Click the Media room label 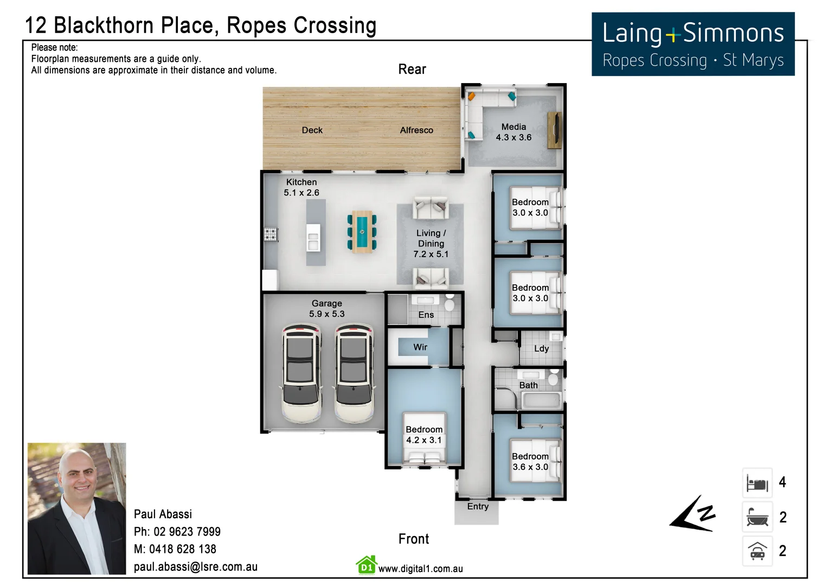514,127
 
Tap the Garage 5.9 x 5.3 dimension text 326,314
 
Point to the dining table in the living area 362,232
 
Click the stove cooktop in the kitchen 270,234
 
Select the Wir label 420,347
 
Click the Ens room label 426,315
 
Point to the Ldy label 541,349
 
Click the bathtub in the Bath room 541,402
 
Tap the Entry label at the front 478,507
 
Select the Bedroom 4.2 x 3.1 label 424,435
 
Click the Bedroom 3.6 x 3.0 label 530,462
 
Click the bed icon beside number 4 757,483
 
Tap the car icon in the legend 757,551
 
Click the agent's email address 196,567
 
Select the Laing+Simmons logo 693,44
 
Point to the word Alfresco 416,130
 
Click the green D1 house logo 367,565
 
